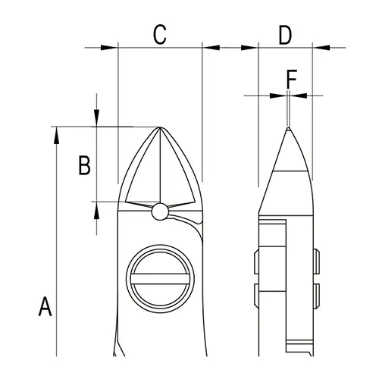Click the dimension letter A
[x=45, y=308]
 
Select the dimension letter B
[x=86, y=164]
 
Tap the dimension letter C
[x=159, y=34]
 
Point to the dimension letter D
[x=284, y=34]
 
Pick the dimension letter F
[x=291, y=77]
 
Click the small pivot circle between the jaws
[x=159, y=211]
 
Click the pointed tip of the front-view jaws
[x=161, y=127]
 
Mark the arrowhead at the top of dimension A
[x=57, y=133]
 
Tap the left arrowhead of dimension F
[x=280, y=96]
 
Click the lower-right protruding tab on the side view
[x=317, y=293]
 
